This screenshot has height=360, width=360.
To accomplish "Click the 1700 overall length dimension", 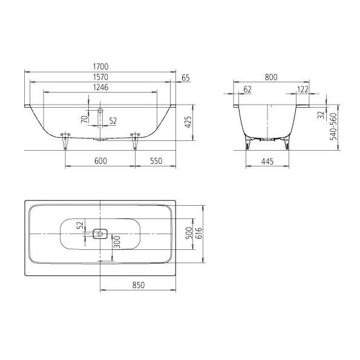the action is (x=100, y=67).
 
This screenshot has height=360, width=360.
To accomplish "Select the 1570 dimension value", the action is (x=100, y=77).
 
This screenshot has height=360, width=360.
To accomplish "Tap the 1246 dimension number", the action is (x=100, y=88).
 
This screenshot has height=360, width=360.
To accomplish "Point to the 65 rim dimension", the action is (x=186, y=78).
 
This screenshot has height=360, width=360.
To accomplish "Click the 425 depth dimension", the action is (x=188, y=122).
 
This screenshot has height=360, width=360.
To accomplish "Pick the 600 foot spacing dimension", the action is (x=100, y=161).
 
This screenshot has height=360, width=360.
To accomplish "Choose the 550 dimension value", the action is (x=156, y=161).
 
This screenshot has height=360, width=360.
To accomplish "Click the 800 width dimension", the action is (x=271, y=77).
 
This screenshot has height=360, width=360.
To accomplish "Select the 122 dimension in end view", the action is (x=303, y=90).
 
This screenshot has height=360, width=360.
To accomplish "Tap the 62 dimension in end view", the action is (x=247, y=90).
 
